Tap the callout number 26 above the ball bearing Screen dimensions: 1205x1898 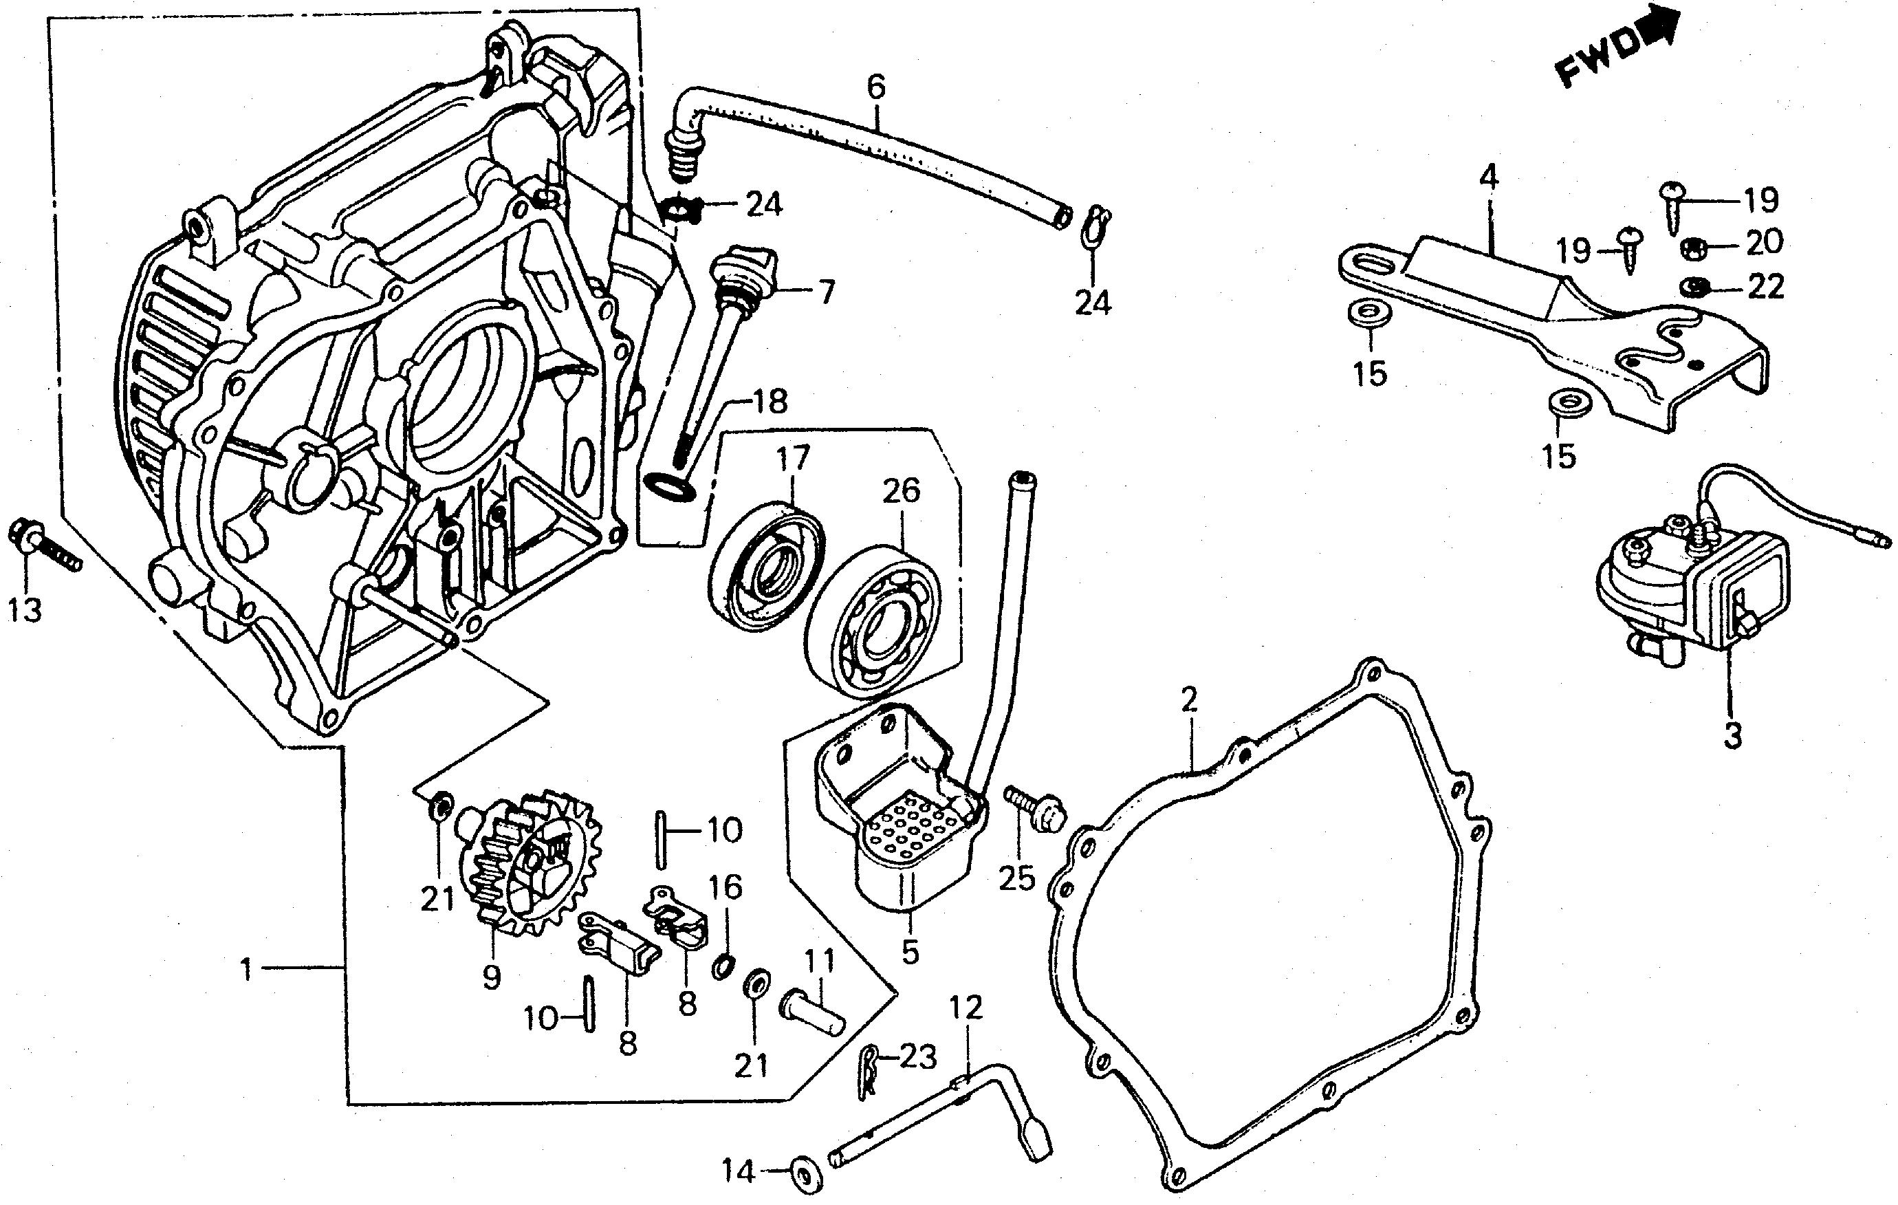tap(901, 490)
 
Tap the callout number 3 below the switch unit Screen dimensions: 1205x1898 tap(1731, 735)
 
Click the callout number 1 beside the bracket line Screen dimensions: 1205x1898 tap(246, 969)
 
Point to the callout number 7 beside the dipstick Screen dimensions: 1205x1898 tap(825, 293)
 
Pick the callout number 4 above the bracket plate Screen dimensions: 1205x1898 tap(1487, 178)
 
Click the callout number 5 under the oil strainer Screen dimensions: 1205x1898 tap(910, 953)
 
